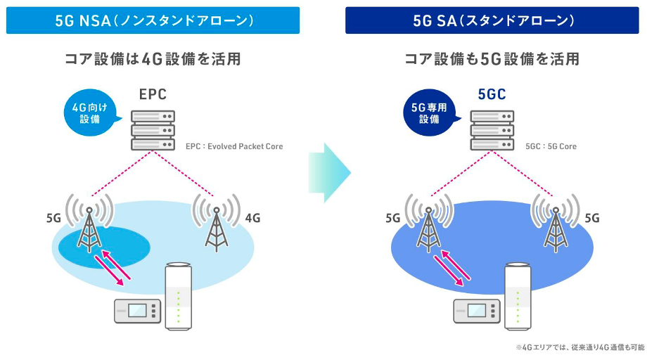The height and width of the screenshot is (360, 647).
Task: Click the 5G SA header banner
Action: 493,20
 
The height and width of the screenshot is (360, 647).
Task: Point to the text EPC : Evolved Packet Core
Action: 234,147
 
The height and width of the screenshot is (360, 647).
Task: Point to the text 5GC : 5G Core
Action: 551,147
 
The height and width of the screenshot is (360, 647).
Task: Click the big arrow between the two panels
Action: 329,172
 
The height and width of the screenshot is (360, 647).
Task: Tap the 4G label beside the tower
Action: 252,218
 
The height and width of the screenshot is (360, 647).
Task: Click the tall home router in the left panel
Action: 177,295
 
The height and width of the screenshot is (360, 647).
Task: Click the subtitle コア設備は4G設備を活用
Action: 153,60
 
